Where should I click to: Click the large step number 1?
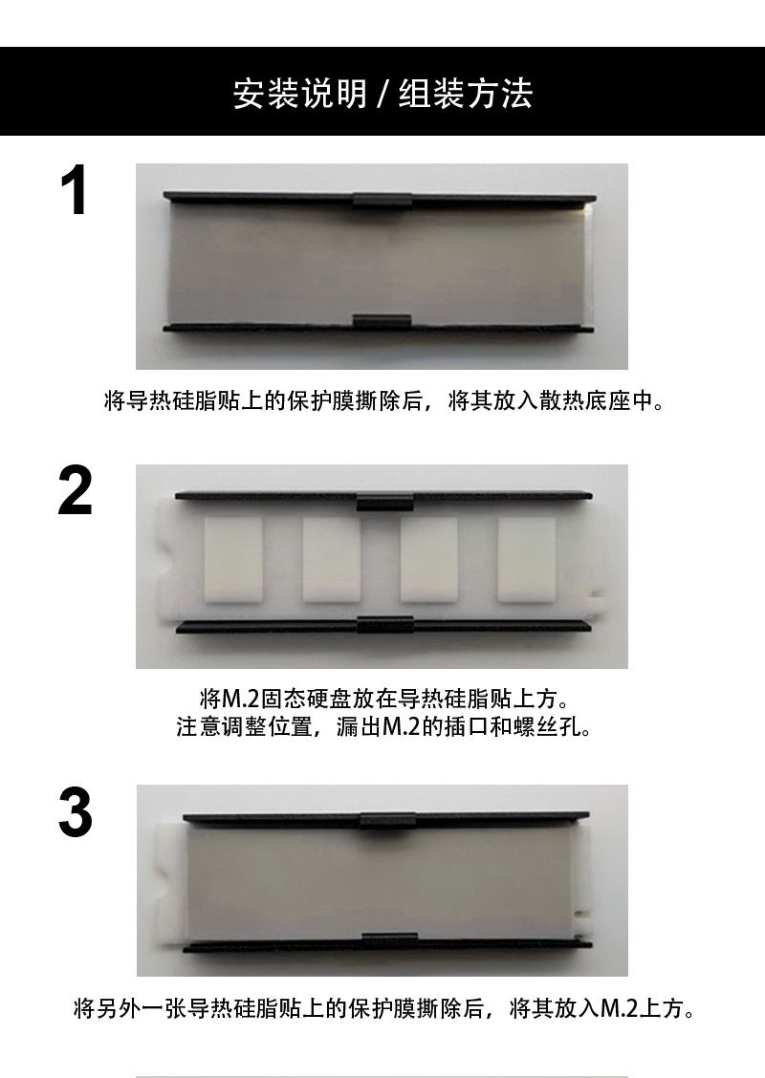75,190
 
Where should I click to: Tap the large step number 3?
75,812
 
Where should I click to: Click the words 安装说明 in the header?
300,94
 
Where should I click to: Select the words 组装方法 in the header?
466,94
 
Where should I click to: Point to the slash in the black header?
383,95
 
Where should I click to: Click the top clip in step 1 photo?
383,200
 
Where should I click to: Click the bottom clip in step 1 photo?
382,322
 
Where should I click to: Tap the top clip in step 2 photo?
384,502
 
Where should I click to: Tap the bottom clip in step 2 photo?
385,623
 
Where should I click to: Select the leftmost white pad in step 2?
233,560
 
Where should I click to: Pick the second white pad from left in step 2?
331,560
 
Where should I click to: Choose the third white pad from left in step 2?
429,560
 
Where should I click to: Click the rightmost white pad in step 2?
527,560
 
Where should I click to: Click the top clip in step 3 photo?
388,820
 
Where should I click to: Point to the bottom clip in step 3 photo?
389,940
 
